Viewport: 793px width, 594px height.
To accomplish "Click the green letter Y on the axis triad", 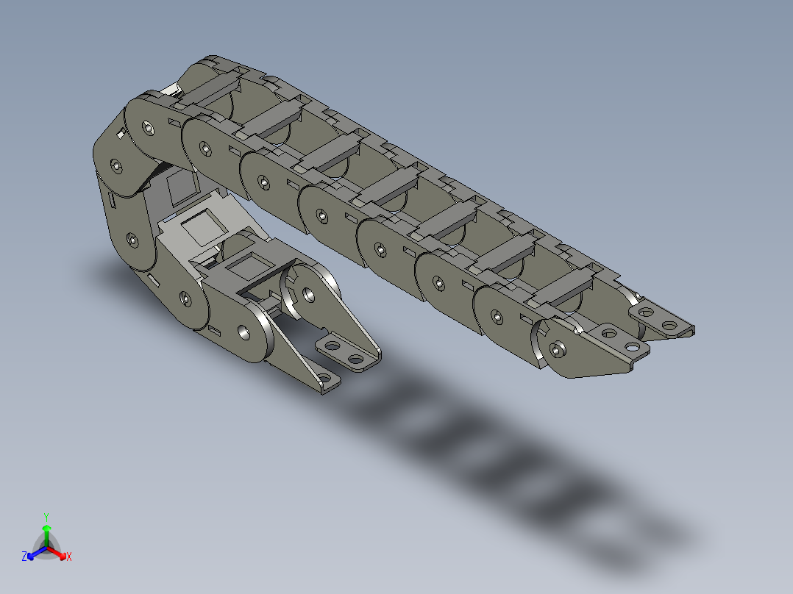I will pyautogui.click(x=46, y=517).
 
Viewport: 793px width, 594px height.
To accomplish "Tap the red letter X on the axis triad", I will pyautogui.click(x=68, y=557).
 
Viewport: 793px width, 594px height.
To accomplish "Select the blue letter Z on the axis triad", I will pyautogui.click(x=24, y=557).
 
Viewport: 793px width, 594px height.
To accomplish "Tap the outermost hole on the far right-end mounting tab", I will pyautogui.click(x=669, y=325).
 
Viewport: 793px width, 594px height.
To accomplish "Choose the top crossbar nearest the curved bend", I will pyautogui.click(x=211, y=92).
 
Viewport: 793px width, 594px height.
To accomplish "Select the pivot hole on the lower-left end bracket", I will pyautogui.click(x=308, y=295).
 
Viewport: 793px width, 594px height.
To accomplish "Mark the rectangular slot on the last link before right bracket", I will pyautogui.click(x=527, y=318).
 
